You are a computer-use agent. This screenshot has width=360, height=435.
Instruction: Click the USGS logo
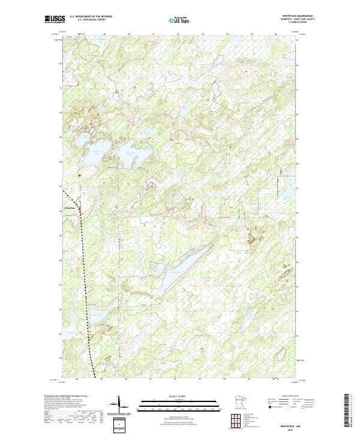tap(55, 19)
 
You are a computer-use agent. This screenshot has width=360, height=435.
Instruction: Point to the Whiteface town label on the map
tap(70, 208)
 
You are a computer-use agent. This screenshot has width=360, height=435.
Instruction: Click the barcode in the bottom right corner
tap(347, 410)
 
